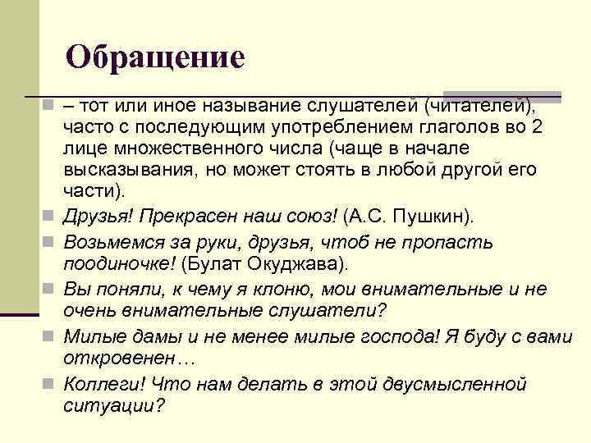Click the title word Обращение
(155, 57)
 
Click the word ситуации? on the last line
(114, 405)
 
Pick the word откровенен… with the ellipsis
(119, 359)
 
